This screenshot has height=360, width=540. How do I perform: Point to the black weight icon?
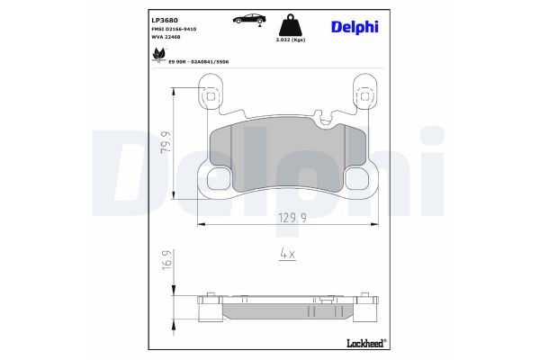coord(289,23)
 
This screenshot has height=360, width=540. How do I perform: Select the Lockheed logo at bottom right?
coord(364,343)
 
